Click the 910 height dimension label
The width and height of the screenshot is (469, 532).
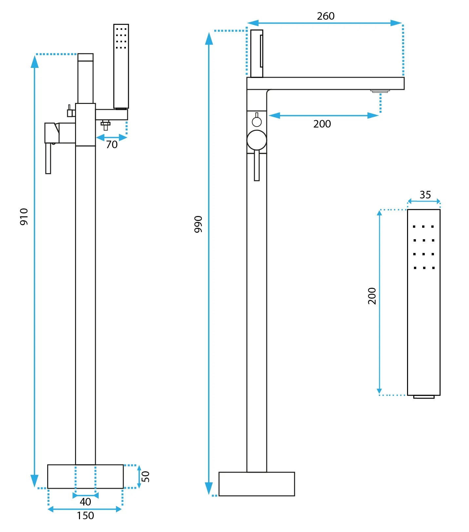click(24, 217)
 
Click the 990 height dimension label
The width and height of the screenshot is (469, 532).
click(198, 224)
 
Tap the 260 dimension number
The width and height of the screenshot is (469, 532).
click(325, 16)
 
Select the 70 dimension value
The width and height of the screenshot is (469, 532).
click(112, 145)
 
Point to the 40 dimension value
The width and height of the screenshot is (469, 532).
click(85, 502)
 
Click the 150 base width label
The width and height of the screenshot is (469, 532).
click(85, 516)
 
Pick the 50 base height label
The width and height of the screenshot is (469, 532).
click(146, 476)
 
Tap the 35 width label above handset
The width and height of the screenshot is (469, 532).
click(425, 195)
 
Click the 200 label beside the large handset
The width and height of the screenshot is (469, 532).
click(372, 296)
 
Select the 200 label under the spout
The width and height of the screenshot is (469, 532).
click(322, 124)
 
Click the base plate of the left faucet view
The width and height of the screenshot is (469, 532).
click(85, 476)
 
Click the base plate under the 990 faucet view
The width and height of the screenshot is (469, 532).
click(257, 484)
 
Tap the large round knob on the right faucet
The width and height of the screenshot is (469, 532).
click(257, 140)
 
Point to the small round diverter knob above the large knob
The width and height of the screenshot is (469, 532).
click(257, 122)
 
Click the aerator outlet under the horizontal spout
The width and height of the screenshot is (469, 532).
click(380, 91)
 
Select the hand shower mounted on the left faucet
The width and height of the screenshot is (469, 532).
click(121, 66)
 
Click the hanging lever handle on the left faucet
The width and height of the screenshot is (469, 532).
click(48, 158)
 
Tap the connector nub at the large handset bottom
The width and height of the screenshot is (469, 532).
click(423, 397)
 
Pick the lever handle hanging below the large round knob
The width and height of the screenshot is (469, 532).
click(257, 166)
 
